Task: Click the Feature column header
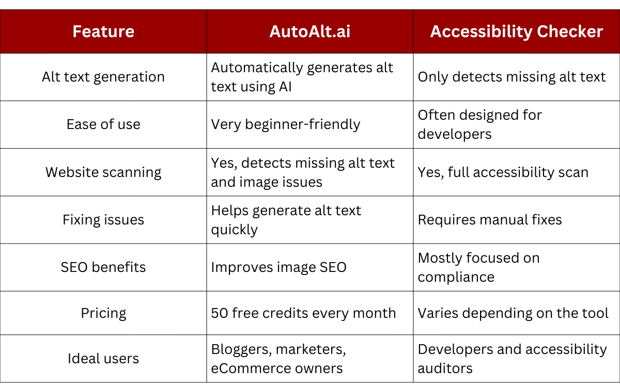point(103,31)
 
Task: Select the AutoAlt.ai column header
point(309,31)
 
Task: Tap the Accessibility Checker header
point(517,31)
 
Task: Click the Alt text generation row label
point(103,77)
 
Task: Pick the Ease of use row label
point(103,124)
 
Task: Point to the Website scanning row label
point(103,172)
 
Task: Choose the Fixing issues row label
point(103,220)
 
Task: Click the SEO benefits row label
point(103,267)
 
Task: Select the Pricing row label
point(103,314)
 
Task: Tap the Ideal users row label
point(103,359)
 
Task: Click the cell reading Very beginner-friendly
point(286,125)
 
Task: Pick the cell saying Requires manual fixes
point(490,220)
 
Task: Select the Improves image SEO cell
point(278,268)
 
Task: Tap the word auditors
point(445,369)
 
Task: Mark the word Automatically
point(257,68)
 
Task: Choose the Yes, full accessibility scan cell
point(503,173)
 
